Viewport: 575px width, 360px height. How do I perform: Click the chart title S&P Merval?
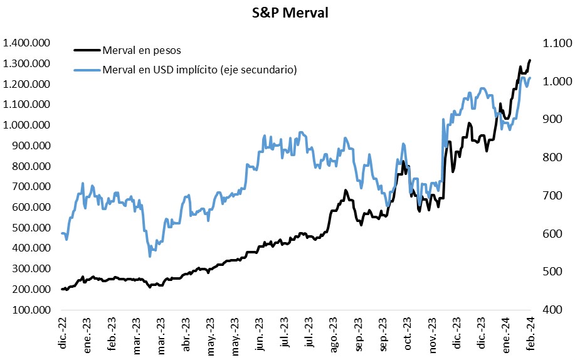pos(288,13)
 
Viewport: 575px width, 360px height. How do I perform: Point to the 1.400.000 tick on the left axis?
pos(28,43)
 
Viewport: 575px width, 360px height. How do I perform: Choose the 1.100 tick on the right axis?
pos(551,43)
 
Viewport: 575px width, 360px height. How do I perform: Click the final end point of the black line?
pos(530,61)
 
